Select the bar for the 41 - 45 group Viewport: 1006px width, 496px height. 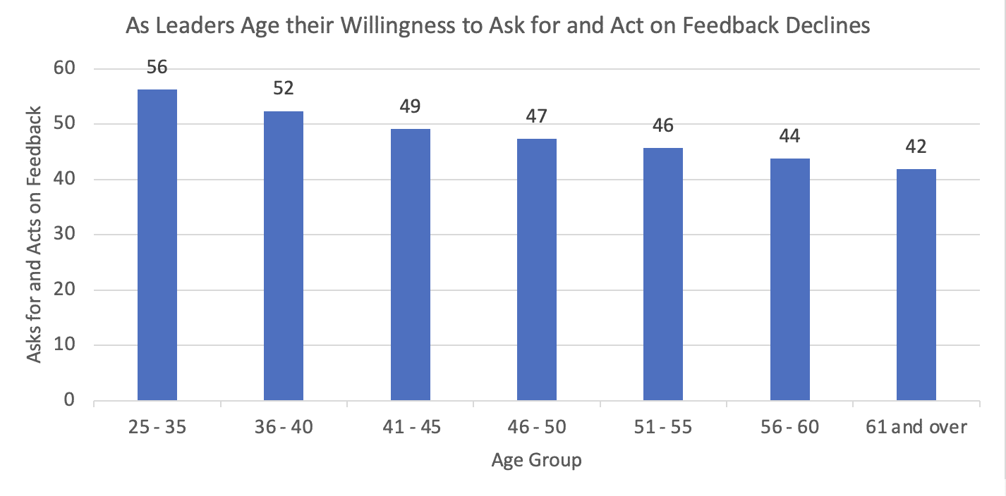[x=410, y=265]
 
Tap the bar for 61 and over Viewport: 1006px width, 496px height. [x=916, y=285]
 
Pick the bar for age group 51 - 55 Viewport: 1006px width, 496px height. [x=663, y=274]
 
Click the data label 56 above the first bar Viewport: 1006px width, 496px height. [x=157, y=68]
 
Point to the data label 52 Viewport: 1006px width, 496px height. [x=284, y=89]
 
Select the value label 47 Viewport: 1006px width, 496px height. [x=537, y=116]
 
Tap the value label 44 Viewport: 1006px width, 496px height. [x=789, y=135]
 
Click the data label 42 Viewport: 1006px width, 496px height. [x=916, y=147]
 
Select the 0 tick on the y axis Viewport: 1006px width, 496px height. [x=68, y=400]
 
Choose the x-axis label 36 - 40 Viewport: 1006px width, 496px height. [x=284, y=428]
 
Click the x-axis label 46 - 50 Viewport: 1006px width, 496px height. [x=537, y=428]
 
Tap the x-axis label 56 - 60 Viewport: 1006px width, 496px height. [x=789, y=428]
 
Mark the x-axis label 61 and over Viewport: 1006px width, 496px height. [x=916, y=428]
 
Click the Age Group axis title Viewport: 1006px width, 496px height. [x=537, y=461]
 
